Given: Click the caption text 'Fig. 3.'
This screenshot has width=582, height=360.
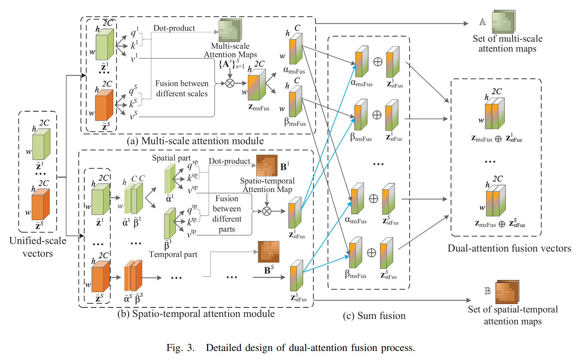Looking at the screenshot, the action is [180, 347].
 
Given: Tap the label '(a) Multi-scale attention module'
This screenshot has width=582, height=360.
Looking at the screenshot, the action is [195, 141].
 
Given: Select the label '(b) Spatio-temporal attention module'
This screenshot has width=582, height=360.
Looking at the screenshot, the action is [196, 314].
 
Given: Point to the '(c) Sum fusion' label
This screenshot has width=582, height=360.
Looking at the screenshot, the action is [374, 315].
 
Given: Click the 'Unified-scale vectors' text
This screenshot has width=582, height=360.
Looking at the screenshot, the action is [38, 247].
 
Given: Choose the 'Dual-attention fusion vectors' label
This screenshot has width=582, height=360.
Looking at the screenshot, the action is [509, 248].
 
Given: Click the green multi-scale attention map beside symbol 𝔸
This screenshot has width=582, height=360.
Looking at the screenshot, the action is [503, 22].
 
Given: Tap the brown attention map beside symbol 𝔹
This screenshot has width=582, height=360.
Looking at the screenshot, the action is [507, 292].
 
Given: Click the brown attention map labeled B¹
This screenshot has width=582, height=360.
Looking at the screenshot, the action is [267, 166].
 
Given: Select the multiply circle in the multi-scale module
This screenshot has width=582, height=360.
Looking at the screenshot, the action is [230, 83].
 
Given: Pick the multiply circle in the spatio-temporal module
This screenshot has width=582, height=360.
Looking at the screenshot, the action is [267, 211].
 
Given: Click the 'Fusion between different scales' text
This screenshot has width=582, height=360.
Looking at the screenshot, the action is [182, 88].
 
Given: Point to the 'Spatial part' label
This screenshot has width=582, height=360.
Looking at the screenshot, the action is [171, 158].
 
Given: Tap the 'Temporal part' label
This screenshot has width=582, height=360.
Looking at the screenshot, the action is [173, 254].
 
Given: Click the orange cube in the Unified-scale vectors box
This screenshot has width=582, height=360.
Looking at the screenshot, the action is [41, 204].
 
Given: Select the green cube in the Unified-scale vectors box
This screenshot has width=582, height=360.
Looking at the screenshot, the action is [41, 144].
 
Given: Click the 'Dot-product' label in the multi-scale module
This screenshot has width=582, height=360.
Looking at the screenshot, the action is [174, 28].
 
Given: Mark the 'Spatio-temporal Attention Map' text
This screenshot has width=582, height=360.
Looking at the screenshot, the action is [267, 185].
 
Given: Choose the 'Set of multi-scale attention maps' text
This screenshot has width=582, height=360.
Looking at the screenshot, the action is [508, 44].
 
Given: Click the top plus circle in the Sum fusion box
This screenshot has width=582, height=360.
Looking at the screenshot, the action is [378, 62].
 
